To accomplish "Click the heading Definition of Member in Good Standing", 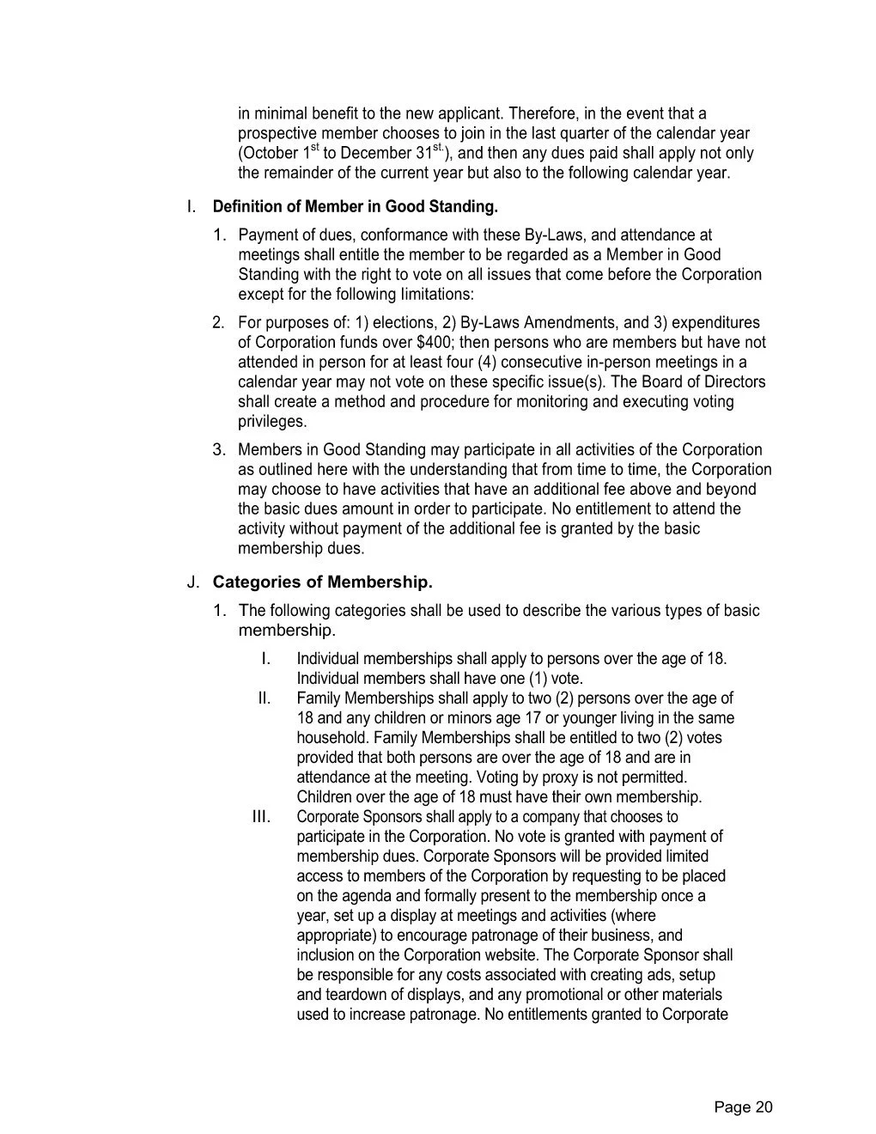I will [355, 207].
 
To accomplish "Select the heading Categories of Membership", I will [323, 582].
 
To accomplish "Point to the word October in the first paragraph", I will [269, 155].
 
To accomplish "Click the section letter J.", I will [192, 582].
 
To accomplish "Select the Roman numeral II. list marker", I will [264, 698].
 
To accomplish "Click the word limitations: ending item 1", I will [437, 295].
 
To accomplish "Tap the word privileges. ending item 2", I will [272, 422].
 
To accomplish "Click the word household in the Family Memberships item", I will [332, 738].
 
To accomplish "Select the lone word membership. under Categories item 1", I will [286, 631].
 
